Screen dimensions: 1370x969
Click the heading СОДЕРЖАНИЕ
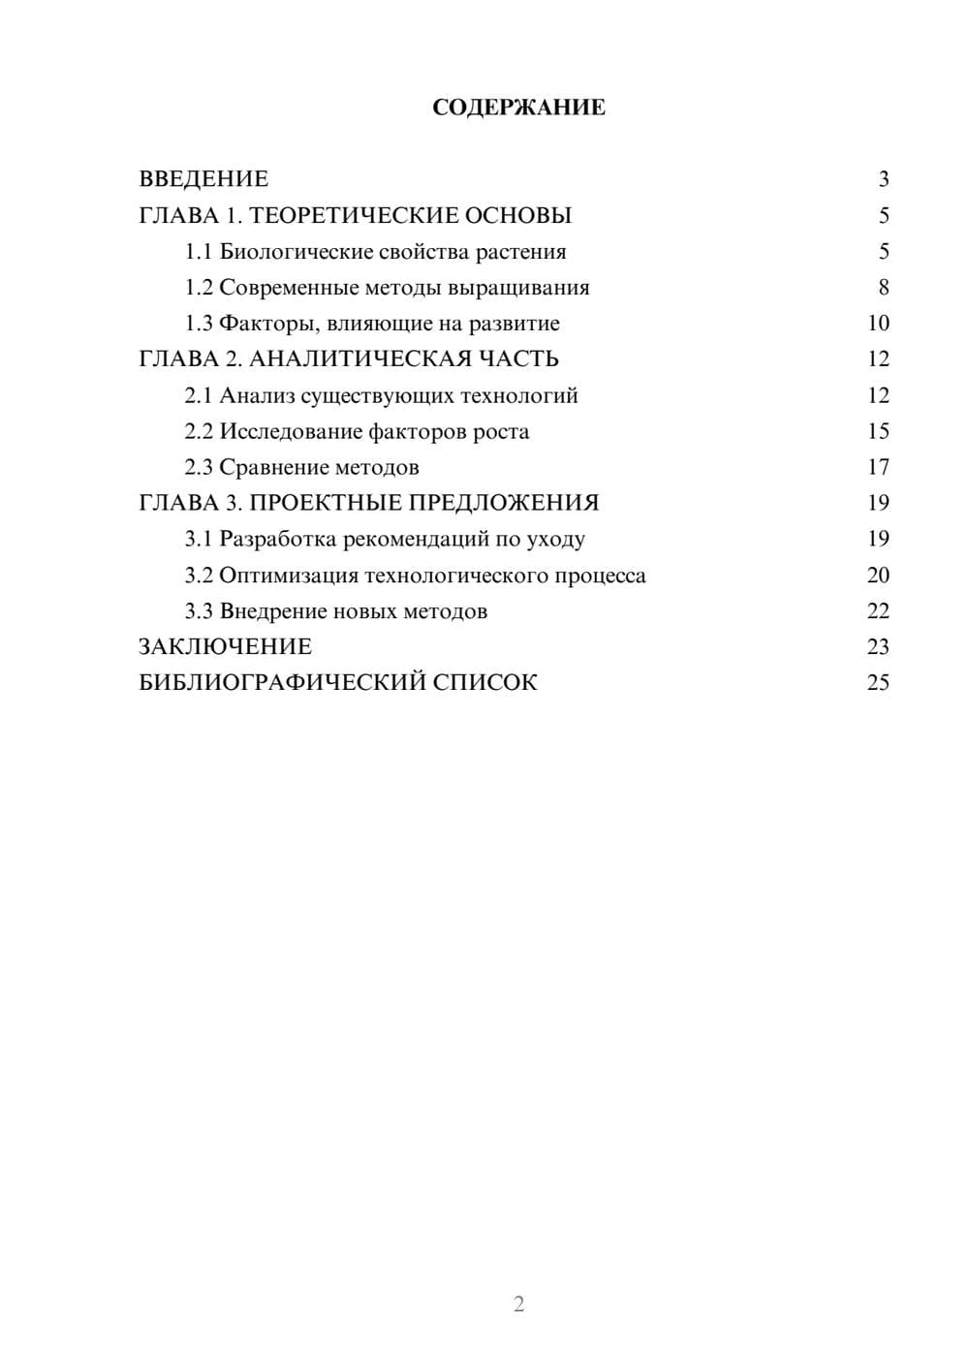(x=518, y=108)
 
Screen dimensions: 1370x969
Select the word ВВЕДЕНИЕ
(x=203, y=179)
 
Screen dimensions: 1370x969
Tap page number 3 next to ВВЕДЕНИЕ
(x=883, y=179)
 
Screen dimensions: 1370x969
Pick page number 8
(x=883, y=288)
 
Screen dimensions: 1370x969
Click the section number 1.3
(x=199, y=324)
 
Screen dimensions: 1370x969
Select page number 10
(x=878, y=324)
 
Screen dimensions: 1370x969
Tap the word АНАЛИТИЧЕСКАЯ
(x=359, y=359)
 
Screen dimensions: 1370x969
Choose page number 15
(x=878, y=431)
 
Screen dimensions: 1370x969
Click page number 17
(x=878, y=467)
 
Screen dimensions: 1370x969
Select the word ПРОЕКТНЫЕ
(x=326, y=503)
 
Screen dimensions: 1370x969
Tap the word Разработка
(x=278, y=539)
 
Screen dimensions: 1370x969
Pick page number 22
(x=878, y=611)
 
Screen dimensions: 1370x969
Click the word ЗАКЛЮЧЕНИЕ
(x=225, y=647)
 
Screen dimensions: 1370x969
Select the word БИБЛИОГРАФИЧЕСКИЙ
(x=282, y=683)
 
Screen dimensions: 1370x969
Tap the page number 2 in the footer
(x=518, y=1304)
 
